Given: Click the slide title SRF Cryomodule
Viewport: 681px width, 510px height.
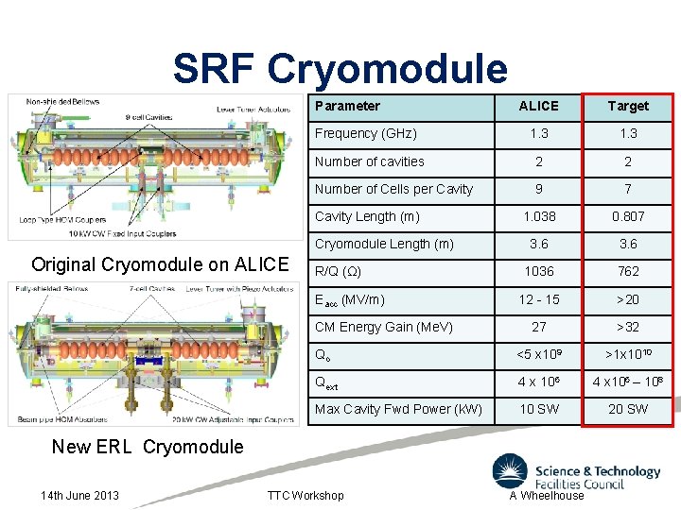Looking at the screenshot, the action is coord(340,69).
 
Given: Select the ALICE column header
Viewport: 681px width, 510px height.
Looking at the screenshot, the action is coord(538,106).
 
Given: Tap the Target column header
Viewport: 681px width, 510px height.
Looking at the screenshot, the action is coord(628,106).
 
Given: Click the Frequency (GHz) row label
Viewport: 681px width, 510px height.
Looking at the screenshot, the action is coord(365,133).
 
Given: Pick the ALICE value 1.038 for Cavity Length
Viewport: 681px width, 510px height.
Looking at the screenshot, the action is coord(538,216).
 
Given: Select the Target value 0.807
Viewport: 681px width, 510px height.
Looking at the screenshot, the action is coord(628,216).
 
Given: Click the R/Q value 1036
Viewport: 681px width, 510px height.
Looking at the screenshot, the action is coord(538,271).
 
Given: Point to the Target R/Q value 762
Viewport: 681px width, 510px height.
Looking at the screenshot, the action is coord(628,271).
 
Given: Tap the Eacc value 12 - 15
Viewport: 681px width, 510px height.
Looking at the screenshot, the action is coord(538,299).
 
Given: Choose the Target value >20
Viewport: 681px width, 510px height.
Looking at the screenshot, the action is coord(628,299).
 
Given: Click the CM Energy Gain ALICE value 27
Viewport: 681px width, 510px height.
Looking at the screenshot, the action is coord(538,327).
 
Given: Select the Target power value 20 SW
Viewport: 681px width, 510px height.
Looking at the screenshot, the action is coord(628,409).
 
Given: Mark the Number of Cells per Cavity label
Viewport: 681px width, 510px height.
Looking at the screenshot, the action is coord(393,189).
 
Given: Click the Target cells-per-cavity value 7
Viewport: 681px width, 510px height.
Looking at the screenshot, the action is coord(628,189).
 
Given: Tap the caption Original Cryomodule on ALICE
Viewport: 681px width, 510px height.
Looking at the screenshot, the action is coord(160,264).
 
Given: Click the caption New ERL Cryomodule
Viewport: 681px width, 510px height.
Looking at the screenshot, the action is coord(148,447).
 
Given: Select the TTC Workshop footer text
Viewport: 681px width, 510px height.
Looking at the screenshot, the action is coord(305,495).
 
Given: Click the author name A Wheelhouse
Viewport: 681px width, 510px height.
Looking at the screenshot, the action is coord(547,495).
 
